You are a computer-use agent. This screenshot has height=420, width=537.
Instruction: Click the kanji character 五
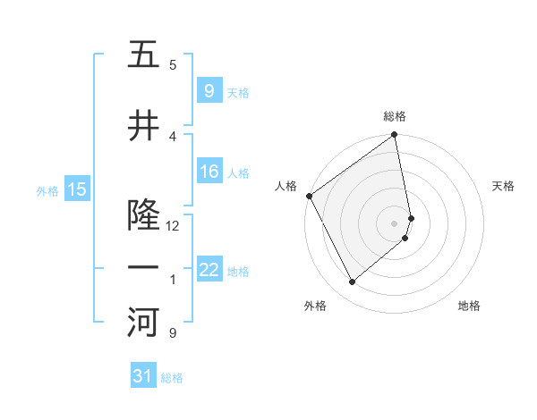(x=143, y=55)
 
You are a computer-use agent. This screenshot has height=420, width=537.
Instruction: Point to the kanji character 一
(x=143, y=268)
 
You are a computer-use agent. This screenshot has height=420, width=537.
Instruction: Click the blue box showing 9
(x=209, y=90)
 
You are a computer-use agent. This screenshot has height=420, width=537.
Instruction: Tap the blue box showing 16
(x=209, y=172)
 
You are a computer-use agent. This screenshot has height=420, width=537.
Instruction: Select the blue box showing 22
(x=209, y=270)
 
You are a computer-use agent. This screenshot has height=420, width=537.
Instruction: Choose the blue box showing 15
(x=77, y=189)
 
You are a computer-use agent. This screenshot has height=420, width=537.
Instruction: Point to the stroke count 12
(x=174, y=225)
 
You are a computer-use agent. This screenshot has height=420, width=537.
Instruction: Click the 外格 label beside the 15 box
(x=47, y=190)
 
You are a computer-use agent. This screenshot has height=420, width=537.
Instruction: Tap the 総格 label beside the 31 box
(x=172, y=378)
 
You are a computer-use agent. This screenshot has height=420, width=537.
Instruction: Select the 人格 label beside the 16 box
(x=238, y=173)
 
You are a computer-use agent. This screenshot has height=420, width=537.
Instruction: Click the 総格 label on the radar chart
(x=395, y=116)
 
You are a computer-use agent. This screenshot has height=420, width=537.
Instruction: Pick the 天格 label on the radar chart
(x=504, y=186)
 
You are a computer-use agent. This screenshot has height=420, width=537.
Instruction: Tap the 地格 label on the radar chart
(x=469, y=306)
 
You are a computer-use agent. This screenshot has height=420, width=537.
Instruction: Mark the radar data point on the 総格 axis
(x=395, y=136)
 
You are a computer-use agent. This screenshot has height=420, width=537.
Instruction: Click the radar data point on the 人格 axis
(x=310, y=196)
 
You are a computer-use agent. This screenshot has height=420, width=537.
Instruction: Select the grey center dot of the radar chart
(x=395, y=223)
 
